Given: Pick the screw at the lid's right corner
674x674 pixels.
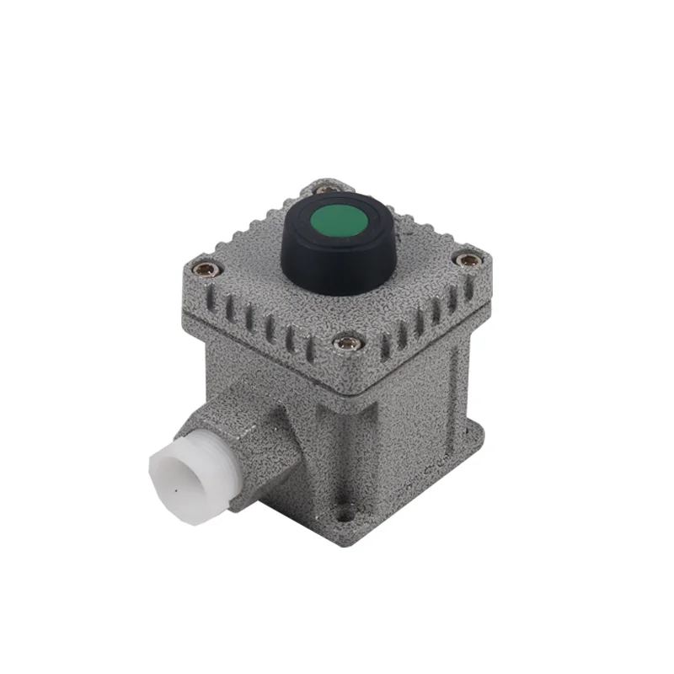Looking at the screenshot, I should coord(468,260).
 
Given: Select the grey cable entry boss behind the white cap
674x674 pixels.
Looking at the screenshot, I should coord(244,438).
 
